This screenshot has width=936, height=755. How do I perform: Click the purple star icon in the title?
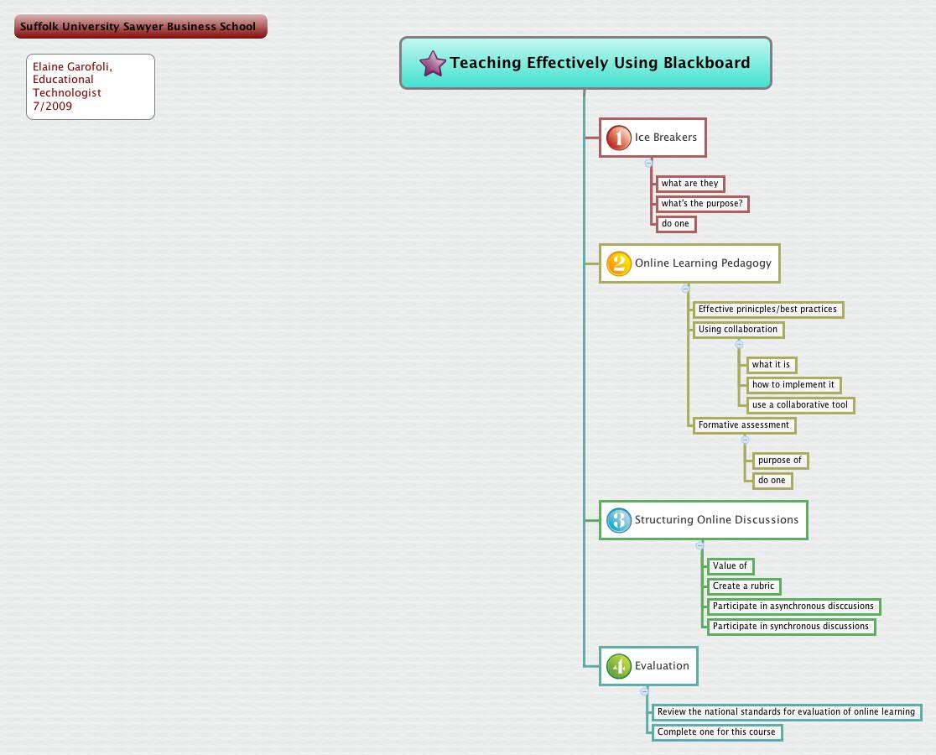click(432, 64)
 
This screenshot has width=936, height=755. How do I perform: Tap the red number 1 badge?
click(618, 138)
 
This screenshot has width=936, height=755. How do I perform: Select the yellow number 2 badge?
click(618, 263)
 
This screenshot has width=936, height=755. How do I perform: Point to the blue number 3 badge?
click(618, 520)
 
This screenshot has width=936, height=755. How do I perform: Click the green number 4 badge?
click(618, 666)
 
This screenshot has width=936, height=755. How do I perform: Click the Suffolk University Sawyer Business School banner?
click(140, 27)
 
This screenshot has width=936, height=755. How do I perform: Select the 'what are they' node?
click(689, 184)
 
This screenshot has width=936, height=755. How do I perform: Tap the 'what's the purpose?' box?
click(702, 204)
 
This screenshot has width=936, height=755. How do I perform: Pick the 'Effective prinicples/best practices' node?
click(767, 310)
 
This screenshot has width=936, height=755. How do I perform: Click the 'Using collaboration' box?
click(738, 330)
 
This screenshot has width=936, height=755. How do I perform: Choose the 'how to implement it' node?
click(793, 385)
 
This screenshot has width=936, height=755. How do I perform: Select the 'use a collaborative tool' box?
click(800, 405)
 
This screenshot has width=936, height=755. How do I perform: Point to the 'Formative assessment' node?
click(743, 425)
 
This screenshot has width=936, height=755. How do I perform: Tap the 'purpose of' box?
click(780, 461)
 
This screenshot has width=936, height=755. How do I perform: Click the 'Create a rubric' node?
click(744, 586)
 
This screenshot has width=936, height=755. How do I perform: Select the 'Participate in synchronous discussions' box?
click(791, 627)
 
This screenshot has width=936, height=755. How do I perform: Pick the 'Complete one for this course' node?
click(716, 732)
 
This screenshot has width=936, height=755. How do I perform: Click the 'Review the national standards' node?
click(786, 712)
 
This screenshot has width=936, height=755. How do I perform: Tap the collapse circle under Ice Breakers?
click(648, 163)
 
